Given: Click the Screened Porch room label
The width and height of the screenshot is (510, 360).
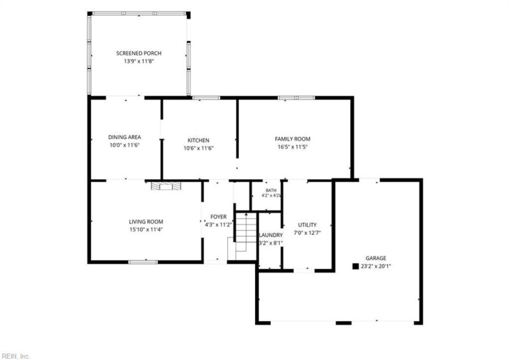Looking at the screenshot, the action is coord(139,53).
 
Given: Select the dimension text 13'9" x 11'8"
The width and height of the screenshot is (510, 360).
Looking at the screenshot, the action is coord(139,61).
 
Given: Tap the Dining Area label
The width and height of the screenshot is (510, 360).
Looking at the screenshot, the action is coord(124,137).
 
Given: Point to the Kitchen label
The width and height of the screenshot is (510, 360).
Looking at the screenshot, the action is coord(198,140).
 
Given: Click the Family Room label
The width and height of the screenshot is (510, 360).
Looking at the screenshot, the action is coord(293,139).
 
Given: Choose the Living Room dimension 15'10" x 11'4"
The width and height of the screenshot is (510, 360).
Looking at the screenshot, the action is coord(146,229).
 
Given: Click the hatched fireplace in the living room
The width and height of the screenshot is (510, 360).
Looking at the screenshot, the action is coord(166,186).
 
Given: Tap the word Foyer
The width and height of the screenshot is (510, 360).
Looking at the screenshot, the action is coord(219,217).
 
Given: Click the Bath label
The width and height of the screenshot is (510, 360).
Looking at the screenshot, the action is coord(271,191).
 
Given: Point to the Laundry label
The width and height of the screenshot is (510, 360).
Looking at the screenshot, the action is coord(271,235).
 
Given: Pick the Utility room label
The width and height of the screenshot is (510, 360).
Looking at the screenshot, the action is coord(307,225).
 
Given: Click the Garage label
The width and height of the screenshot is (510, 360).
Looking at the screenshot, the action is coord(376,258).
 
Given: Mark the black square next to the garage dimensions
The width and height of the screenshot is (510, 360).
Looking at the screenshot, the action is coord(356,266).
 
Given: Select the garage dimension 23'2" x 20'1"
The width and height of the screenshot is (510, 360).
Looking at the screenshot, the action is coord(376,266).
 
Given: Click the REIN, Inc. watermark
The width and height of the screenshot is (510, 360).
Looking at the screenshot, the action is coord(15,356).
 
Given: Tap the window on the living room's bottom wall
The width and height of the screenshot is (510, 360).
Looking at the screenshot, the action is coord(143,262).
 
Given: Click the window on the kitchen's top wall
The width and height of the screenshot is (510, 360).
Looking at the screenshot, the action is coord(206,97).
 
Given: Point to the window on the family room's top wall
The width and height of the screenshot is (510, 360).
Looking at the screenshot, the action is coord(296,97).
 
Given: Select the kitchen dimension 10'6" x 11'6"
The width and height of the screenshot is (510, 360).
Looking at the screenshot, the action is coord(198,148).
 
